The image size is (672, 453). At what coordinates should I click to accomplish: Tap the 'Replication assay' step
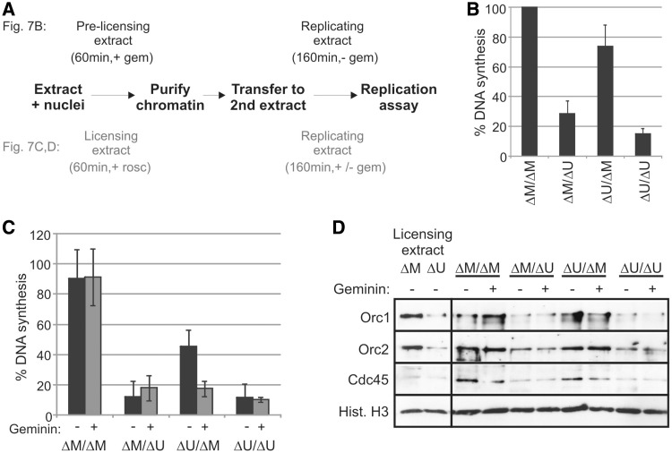(x=406, y=97)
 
